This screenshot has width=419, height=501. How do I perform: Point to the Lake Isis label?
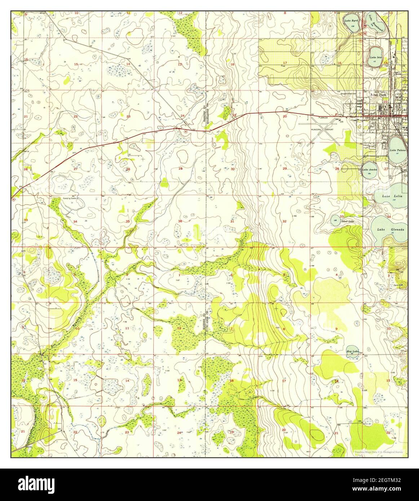click(375, 57)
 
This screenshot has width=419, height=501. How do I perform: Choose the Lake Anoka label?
click(369, 169)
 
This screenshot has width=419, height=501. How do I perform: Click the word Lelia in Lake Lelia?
click(398, 196)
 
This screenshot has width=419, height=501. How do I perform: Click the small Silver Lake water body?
click(335, 220)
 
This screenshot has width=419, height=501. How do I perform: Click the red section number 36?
click(180, 221)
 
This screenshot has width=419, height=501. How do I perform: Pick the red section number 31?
click(232, 221)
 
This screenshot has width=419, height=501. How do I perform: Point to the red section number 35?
click(128, 221)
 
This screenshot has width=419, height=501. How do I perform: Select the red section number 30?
click(233, 169)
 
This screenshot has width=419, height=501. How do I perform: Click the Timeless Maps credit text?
click(378, 451)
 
